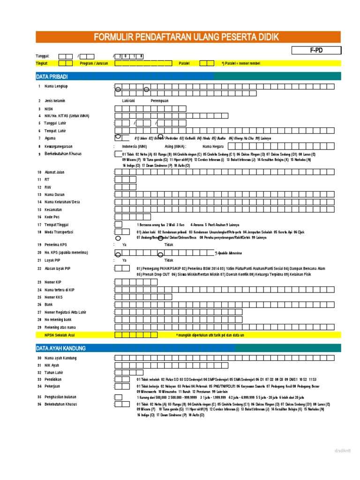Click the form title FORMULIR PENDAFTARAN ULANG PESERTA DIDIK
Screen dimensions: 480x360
[188, 37]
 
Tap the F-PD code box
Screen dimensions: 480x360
[316, 51]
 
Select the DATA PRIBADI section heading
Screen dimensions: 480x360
[52, 76]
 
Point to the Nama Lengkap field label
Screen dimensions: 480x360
[56, 87]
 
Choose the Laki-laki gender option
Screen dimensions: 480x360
[128, 101]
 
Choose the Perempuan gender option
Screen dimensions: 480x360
[159, 101]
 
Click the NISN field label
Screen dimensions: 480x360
[49, 108]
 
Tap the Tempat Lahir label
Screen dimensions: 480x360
[55, 131]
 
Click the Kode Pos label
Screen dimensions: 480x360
[52, 217]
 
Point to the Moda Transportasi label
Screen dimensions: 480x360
[59, 232]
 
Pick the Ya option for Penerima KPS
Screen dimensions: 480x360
[124, 245]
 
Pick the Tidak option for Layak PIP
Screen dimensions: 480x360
[168, 260]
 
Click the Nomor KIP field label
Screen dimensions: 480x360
[53, 282]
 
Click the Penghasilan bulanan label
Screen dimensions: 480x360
[60, 397]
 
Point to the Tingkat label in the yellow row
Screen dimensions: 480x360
[42, 63]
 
